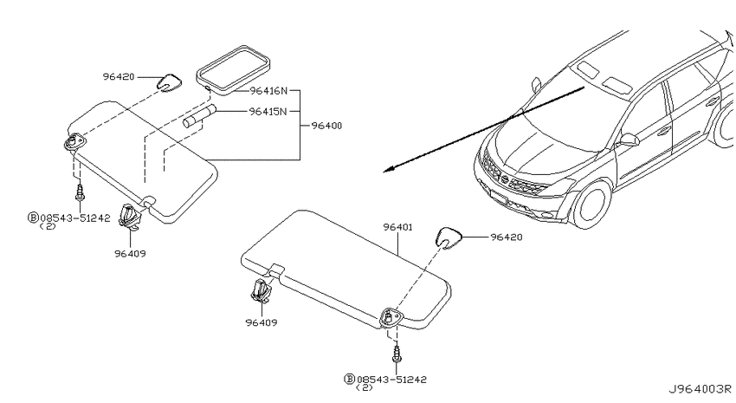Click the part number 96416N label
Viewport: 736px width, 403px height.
click(268, 91)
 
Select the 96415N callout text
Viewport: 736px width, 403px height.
click(268, 111)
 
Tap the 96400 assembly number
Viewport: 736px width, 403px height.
click(326, 126)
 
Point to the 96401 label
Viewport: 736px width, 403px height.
click(397, 227)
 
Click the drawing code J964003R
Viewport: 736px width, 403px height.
click(700, 389)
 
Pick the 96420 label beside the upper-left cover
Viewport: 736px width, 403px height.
click(119, 76)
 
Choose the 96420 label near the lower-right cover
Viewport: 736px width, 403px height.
click(507, 237)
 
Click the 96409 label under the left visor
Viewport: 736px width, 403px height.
click(130, 254)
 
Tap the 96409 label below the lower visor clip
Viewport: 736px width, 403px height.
click(261, 322)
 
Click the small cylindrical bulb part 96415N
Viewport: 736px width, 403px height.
click(199, 117)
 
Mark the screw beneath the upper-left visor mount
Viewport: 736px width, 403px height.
click(81, 192)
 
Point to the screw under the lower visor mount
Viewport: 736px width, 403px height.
click(397, 354)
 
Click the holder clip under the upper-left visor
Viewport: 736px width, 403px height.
click(131, 217)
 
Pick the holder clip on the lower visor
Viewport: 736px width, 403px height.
click(260, 289)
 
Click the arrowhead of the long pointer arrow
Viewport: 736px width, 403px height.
click(388, 170)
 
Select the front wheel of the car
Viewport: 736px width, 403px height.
click(592, 205)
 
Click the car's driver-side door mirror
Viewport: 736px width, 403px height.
click(629, 140)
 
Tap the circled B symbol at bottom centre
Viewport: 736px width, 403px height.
click(349, 379)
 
